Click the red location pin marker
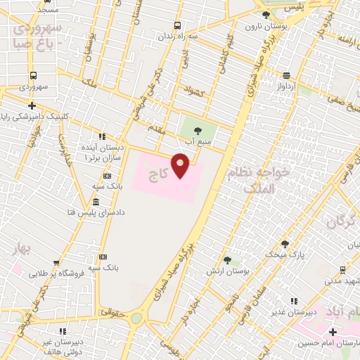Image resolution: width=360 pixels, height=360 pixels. coord(181,165)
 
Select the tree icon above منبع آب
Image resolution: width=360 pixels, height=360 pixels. coord(197,129)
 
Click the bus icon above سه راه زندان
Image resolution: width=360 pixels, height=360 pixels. coord(176,25)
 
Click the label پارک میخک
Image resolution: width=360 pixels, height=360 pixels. coord(284,254)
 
